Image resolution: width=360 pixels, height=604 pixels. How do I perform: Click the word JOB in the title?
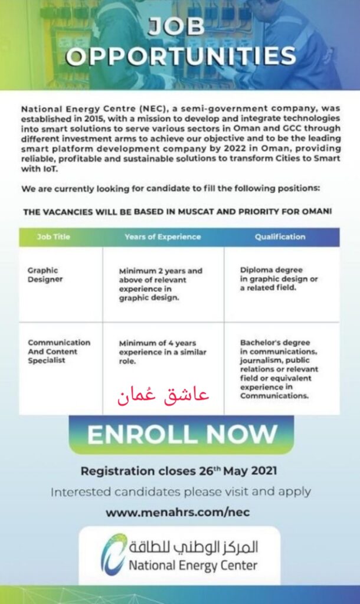[180, 27]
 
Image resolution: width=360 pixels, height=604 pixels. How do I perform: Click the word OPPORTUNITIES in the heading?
[180, 56]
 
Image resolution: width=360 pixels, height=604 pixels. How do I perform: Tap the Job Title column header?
[53, 237]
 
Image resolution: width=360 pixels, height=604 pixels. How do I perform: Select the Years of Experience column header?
[162, 237]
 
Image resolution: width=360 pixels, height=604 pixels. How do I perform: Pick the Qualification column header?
[280, 237]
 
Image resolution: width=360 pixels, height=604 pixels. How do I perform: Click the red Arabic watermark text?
[162, 395]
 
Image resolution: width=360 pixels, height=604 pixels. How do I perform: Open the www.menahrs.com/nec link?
[178, 513]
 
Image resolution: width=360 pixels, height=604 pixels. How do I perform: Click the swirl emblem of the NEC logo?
[113, 554]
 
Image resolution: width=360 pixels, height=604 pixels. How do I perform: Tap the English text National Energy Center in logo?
[194, 566]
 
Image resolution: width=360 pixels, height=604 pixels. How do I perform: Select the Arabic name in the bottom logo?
[194, 547]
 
